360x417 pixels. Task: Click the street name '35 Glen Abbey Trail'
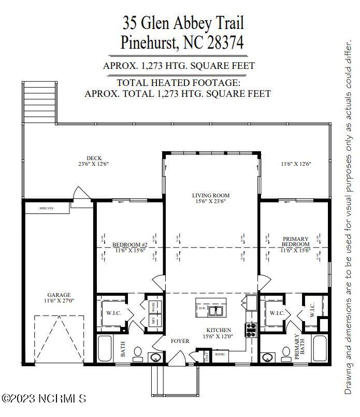coord(182,23)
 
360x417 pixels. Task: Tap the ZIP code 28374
coord(222,42)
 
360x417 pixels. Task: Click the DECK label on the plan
coord(94,158)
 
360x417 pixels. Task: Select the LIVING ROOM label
coord(210,195)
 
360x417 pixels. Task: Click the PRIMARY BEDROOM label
coord(296,241)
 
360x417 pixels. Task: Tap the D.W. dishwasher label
coord(203,308)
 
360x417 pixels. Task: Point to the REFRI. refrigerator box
coord(221,354)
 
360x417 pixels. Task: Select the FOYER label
coord(180,341)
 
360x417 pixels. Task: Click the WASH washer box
coord(153,306)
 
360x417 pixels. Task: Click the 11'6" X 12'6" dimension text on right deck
coord(296,164)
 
